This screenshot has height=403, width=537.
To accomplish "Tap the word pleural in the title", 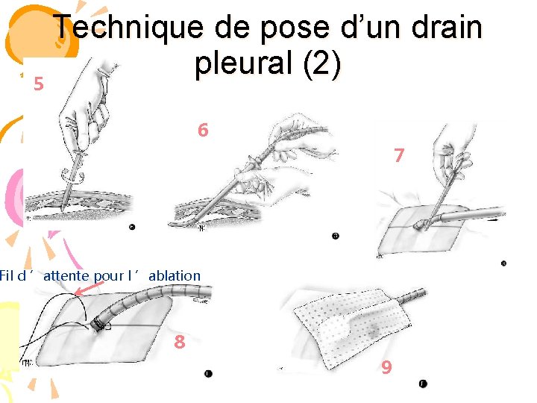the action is point(243,63).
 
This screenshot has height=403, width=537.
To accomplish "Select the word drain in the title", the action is point(447,26).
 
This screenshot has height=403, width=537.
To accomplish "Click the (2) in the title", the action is point(322,63).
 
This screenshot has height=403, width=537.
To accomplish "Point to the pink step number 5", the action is point(39,84).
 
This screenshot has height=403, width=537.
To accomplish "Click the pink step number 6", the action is point(203,130).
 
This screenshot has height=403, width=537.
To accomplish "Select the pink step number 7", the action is point(399,155).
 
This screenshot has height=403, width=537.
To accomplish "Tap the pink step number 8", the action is point(180,342).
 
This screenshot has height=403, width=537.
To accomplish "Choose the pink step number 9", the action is point(386,367).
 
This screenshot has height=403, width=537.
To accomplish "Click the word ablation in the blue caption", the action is point(175,275).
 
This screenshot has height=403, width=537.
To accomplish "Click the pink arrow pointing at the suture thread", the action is point(88,289).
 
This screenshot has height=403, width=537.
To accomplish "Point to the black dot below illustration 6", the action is point(336,235).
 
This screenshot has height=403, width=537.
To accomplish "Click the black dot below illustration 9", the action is point(423,384).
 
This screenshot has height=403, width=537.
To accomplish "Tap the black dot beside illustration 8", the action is point(208,374).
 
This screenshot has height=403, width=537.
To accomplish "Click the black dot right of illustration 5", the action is point(132,227).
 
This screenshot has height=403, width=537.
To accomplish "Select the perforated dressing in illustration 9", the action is point(353,328).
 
